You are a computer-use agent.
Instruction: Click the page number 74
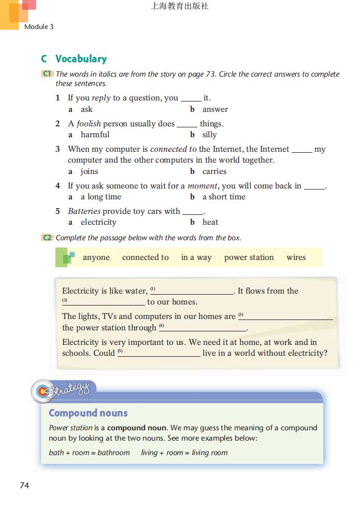[24, 485]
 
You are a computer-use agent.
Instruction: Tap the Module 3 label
[39, 26]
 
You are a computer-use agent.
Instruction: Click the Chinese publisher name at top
[180, 7]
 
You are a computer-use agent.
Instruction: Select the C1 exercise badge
[47, 74]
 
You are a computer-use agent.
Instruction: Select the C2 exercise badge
[47, 238]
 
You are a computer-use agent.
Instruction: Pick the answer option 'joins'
[89, 171]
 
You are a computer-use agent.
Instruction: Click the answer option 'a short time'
[224, 197]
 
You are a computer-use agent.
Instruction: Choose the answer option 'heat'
[210, 222]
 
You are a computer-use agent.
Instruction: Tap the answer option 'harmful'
[95, 135]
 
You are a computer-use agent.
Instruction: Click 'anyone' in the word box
[96, 257]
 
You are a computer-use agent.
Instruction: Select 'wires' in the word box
[296, 257]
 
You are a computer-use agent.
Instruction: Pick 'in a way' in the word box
[196, 257]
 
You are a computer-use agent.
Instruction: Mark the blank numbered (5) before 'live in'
[161, 353]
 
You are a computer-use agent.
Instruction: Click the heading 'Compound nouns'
[88, 413]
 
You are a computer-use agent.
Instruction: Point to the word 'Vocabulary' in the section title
[81, 59]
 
